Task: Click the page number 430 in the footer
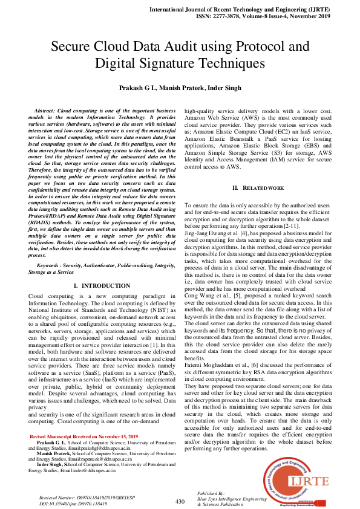tap(180, 501)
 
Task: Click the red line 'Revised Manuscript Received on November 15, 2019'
tap(84, 436)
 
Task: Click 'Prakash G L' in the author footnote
tap(51, 443)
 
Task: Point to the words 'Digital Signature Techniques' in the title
tap(180, 63)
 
